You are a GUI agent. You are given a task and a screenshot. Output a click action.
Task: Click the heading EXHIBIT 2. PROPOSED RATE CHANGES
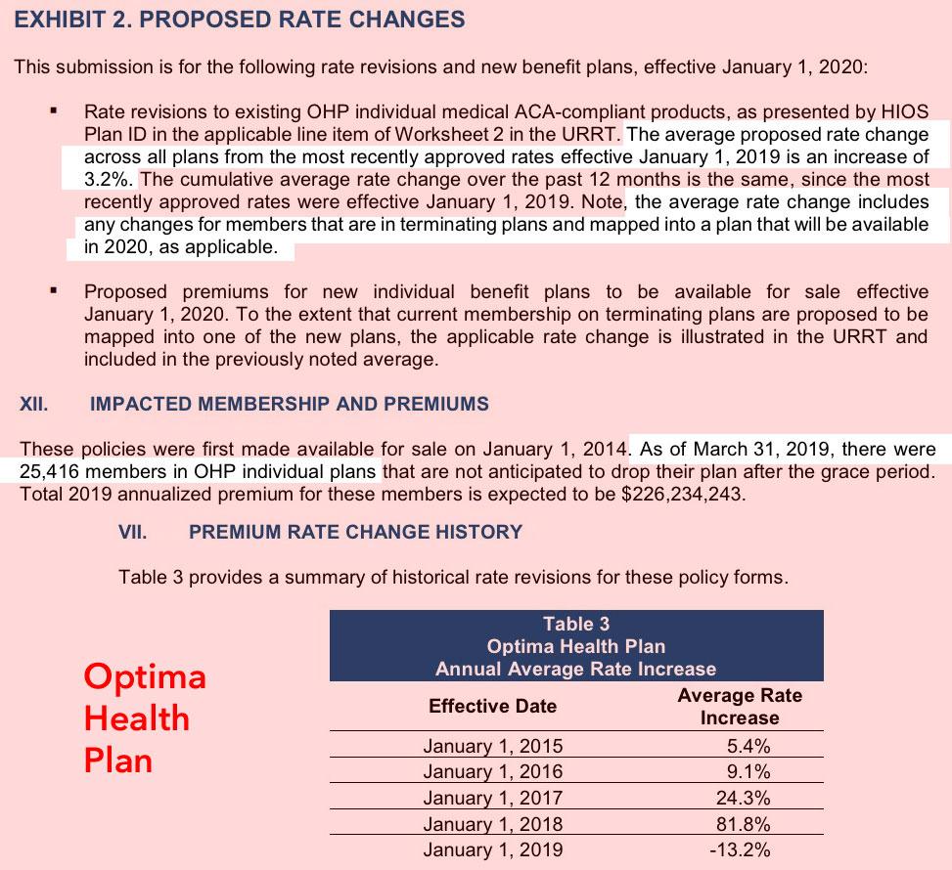[239, 20]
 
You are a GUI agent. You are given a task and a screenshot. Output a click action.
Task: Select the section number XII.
[35, 403]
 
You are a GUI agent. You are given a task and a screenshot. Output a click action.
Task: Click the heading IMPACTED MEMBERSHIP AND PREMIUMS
[289, 403]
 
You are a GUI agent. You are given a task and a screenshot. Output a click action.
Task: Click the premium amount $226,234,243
[669, 493]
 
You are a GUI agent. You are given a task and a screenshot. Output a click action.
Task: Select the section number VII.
[132, 532]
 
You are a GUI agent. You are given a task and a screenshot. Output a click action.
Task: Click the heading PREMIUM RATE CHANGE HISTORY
[355, 532]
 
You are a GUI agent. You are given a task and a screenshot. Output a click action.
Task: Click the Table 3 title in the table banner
[575, 624]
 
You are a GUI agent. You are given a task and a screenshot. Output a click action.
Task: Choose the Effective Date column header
[492, 706]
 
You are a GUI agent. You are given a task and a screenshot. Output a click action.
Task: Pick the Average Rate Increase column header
[739, 706]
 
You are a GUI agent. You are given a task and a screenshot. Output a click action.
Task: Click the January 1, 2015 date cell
[492, 746]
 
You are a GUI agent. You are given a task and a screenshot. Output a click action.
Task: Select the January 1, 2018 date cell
[492, 824]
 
